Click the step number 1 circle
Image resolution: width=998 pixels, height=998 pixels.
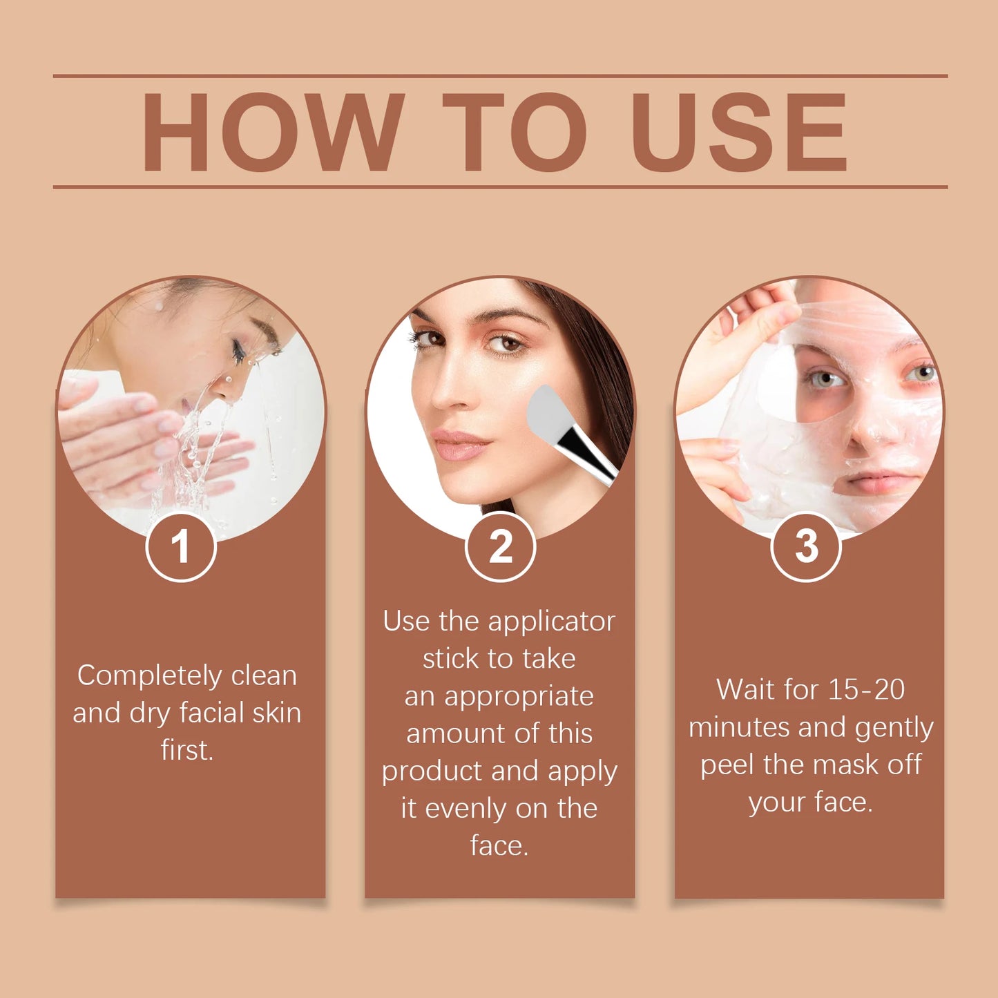(181, 547)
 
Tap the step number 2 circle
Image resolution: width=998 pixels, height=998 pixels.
(500, 547)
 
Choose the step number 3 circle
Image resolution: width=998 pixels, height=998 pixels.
(805, 547)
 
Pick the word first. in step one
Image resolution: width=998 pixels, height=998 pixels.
(187, 750)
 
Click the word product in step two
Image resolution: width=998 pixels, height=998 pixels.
(432, 771)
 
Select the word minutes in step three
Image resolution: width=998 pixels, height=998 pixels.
(738, 727)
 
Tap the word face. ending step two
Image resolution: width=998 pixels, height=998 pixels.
(499, 845)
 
